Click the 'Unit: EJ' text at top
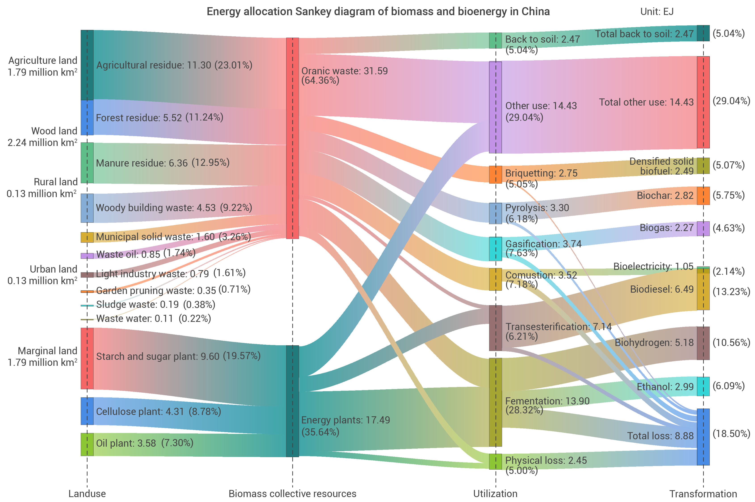[x=657, y=12]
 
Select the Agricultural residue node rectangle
[x=87, y=65]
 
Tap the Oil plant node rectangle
[x=87, y=444]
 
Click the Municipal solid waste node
[x=87, y=237]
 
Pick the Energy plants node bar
[x=292, y=401]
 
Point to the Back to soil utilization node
[x=495, y=41]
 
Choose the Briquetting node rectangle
[x=495, y=175]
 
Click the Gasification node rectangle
[x=495, y=249]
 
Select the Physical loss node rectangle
[x=495, y=462]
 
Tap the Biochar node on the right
[x=703, y=196]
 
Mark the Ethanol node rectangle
[x=703, y=386]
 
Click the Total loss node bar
[x=703, y=437]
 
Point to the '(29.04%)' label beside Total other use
[x=731, y=101]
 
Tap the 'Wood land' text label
[x=54, y=131]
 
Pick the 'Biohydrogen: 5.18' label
[x=654, y=343]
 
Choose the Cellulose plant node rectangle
[x=87, y=411]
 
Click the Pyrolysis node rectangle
[x=495, y=213]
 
